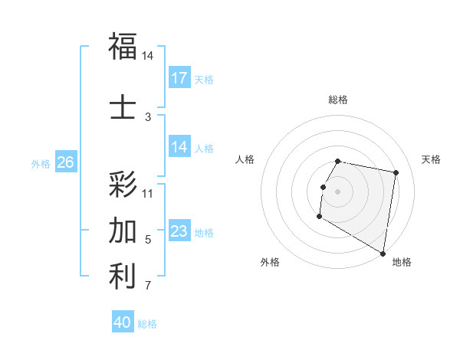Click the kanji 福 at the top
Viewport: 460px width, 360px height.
tap(123, 46)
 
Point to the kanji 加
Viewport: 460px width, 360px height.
tap(123, 230)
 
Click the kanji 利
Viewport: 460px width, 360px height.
tap(123, 277)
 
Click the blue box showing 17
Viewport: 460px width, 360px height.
tap(179, 78)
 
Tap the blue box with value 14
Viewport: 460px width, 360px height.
tap(179, 148)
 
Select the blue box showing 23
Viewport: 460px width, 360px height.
tap(179, 231)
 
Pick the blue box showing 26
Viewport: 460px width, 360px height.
tap(65, 162)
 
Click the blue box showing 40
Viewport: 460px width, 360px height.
tap(123, 322)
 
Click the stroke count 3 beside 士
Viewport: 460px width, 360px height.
tap(148, 116)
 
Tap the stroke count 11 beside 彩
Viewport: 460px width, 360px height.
tap(148, 193)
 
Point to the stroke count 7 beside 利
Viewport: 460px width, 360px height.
tap(148, 286)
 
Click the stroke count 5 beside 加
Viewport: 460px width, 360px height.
tap(148, 240)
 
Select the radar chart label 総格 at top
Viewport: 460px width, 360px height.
tap(338, 100)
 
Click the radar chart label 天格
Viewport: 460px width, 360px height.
tap(431, 159)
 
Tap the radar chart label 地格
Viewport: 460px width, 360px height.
tap(402, 263)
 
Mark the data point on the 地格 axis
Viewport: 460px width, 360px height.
tap(383, 254)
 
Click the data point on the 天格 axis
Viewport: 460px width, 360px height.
tap(396, 173)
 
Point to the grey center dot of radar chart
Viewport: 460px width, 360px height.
tap(338, 191)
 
